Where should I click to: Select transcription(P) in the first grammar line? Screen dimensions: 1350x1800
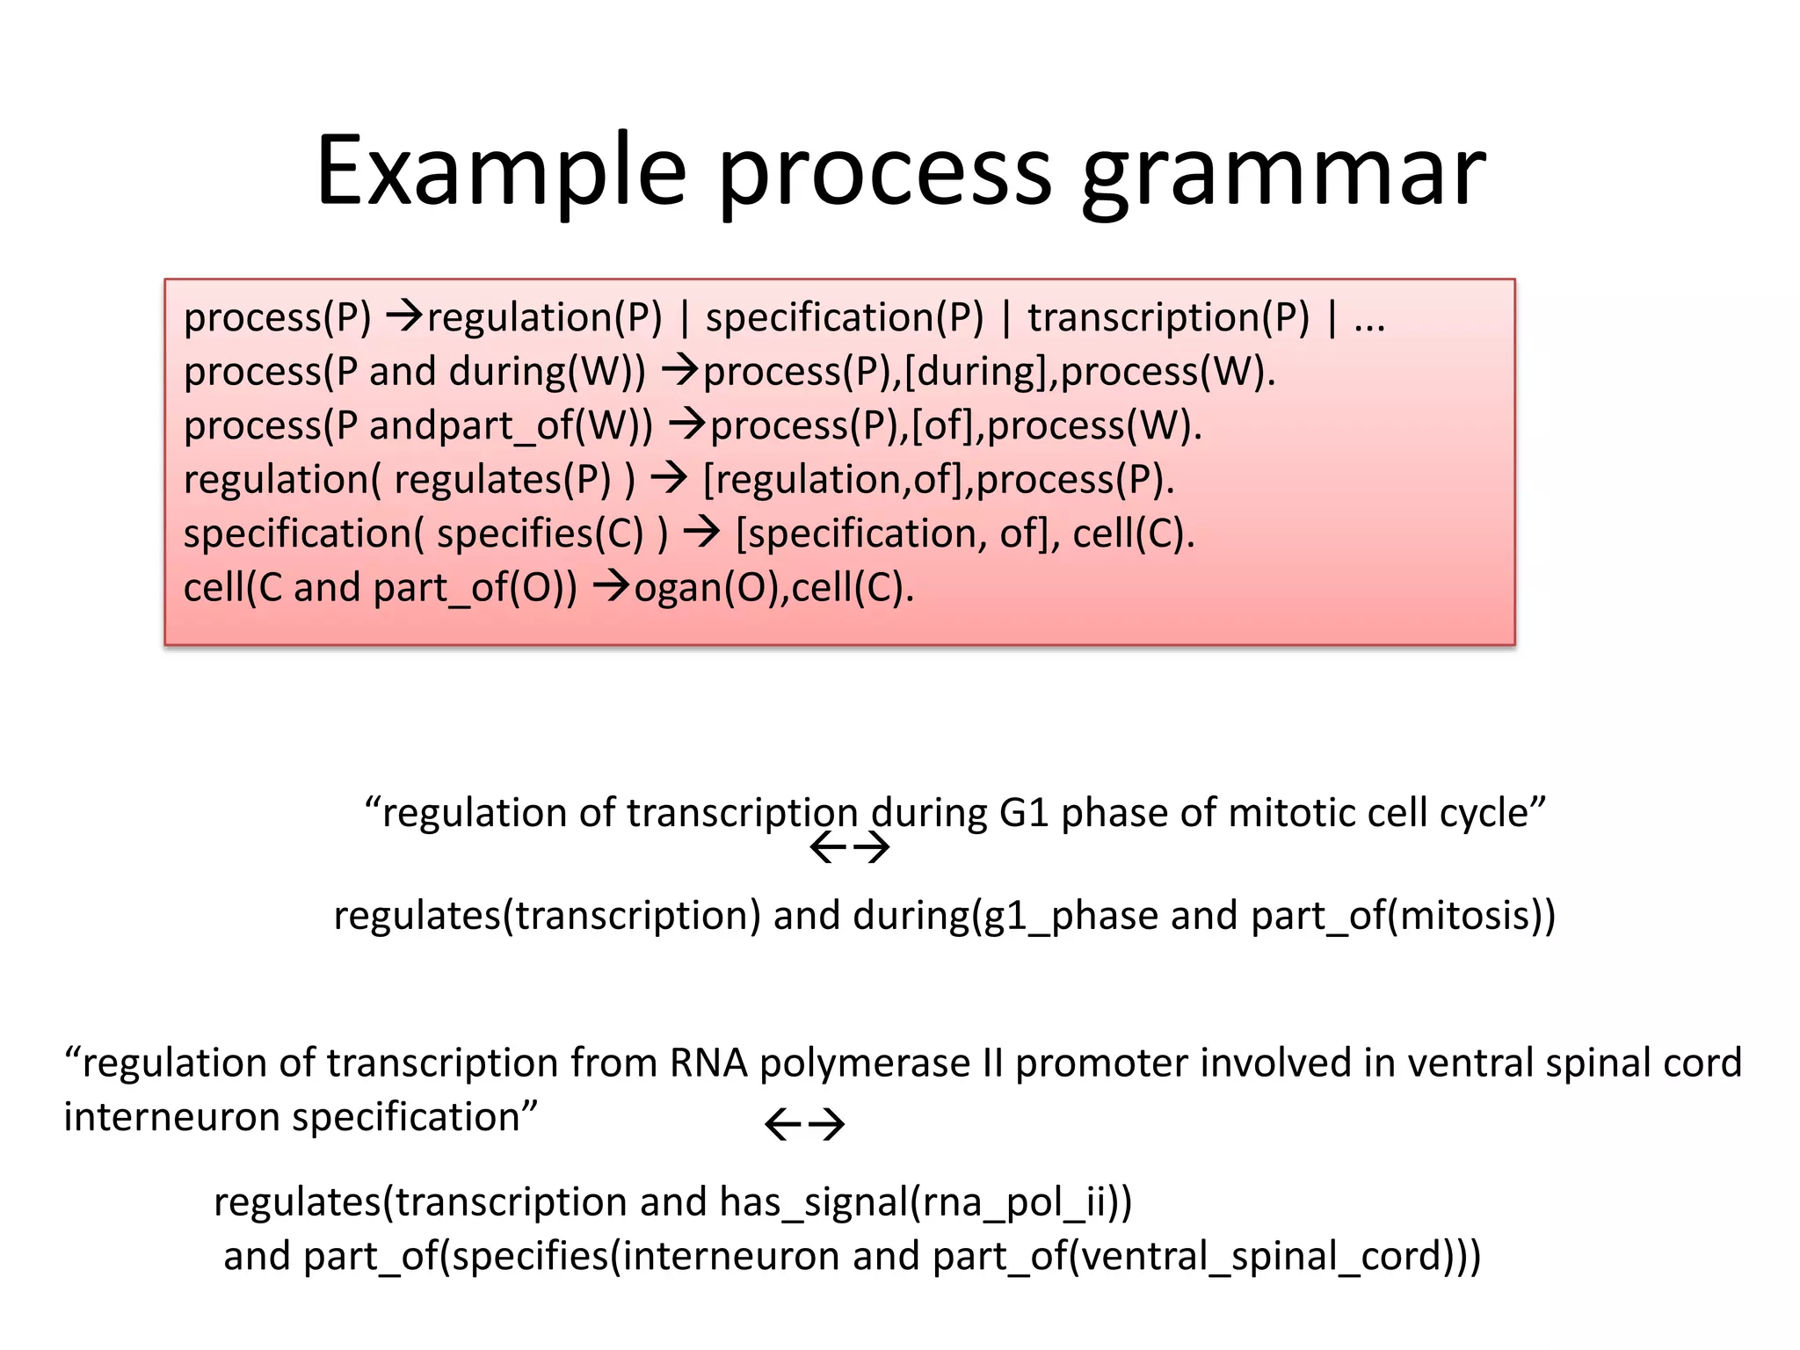(1168, 317)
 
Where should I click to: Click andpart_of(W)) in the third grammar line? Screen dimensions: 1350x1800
(511, 426)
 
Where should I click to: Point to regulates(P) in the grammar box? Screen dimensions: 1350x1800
(502, 480)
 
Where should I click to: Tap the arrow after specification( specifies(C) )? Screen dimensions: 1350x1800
(702, 533)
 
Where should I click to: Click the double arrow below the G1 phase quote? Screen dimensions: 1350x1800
(849, 848)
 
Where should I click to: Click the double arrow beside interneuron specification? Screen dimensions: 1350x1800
(805, 1124)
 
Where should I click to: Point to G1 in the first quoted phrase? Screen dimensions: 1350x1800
(1024, 813)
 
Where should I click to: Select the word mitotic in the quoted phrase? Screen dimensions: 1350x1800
(1284, 813)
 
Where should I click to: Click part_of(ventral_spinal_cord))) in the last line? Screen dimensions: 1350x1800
(1206, 1256)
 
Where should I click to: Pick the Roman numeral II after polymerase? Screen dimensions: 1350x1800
(992, 1063)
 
